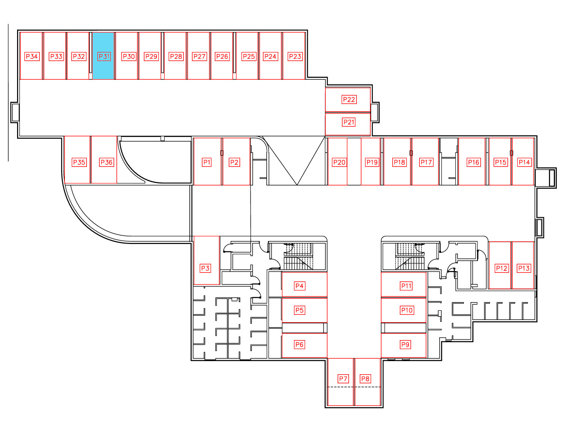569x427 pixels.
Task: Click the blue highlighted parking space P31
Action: (x=103, y=56)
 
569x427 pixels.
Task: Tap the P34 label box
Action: (x=32, y=57)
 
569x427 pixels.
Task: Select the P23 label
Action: (x=295, y=57)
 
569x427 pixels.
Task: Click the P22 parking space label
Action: (x=349, y=99)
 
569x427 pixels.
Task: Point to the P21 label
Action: (x=349, y=122)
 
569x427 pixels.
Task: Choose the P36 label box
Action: (x=107, y=162)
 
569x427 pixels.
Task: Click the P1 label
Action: (x=207, y=162)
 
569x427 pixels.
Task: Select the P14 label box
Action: (x=524, y=162)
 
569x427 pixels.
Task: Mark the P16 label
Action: (x=474, y=162)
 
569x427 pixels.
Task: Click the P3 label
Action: (x=205, y=268)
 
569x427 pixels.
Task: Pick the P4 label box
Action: (x=299, y=286)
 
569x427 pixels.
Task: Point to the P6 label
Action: (x=299, y=345)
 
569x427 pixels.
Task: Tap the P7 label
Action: (x=343, y=379)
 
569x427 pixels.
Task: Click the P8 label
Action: (x=366, y=379)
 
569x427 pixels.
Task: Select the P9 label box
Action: (x=405, y=345)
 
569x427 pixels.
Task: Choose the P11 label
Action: (x=406, y=286)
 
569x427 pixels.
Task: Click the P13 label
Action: (x=523, y=268)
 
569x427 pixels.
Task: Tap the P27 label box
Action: (x=200, y=57)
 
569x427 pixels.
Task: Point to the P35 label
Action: (x=79, y=162)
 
